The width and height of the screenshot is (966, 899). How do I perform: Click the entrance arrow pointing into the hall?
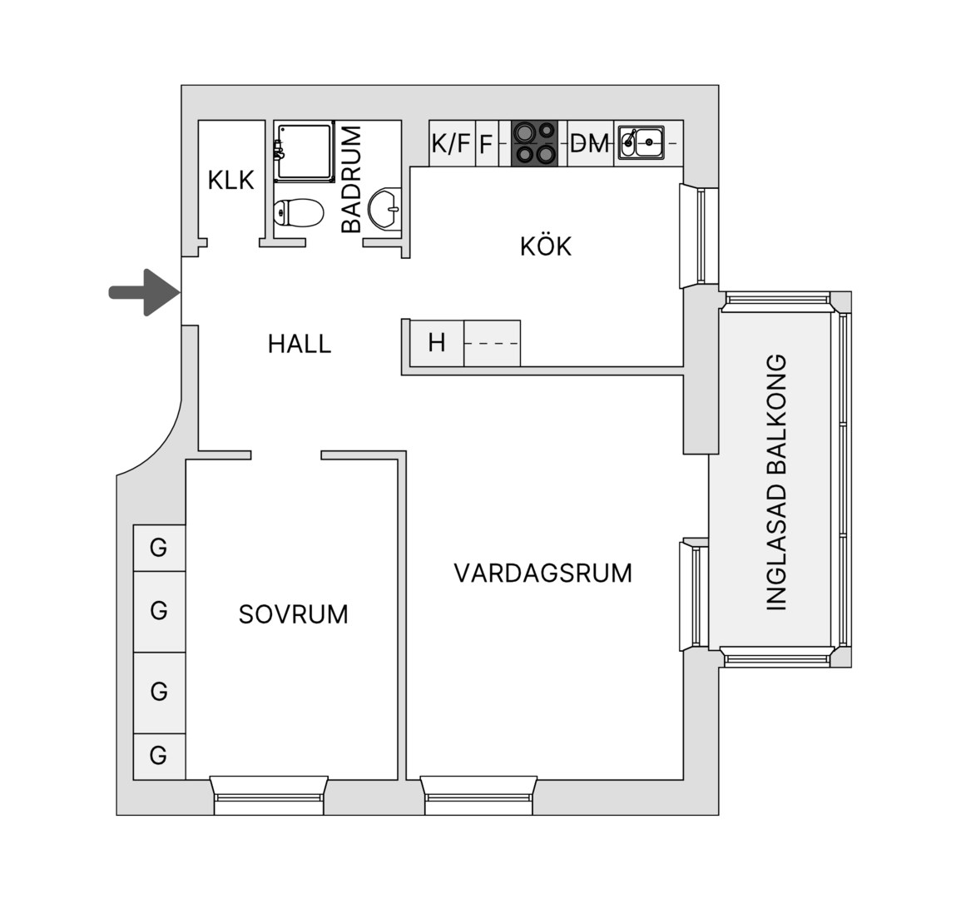click(x=145, y=292)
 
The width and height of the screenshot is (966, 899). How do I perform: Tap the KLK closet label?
click(x=231, y=181)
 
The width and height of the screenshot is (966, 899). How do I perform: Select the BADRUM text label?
click(x=351, y=179)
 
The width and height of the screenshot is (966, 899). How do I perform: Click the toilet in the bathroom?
click(x=299, y=212)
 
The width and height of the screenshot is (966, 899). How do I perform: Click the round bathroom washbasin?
click(x=384, y=209)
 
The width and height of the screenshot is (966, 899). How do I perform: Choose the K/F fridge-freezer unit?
click(x=452, y=143)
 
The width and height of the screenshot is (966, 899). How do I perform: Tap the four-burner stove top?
click(x=534, y=143)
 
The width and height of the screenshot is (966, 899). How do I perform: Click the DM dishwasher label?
click(x=590, y=143)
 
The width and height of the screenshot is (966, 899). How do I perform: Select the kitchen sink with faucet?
click(x=642, y=142)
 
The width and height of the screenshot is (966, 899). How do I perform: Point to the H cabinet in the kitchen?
click(x=437, y=343)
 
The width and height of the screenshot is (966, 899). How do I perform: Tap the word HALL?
click(x=300, y=344)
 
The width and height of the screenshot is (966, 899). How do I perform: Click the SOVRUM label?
click(x=293, y=614)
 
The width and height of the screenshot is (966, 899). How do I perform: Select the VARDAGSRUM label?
click(x=542, y=573)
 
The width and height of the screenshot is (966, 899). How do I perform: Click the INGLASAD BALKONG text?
click(x=776, y=483)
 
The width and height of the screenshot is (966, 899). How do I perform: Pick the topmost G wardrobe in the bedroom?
click(x=159, y=548)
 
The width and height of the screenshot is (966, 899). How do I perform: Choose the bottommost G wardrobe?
click(x=159, y=756)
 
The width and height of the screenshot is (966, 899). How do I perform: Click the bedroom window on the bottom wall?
click(x=270, y=796)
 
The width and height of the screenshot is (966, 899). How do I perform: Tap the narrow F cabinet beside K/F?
click(x=487, y=143)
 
